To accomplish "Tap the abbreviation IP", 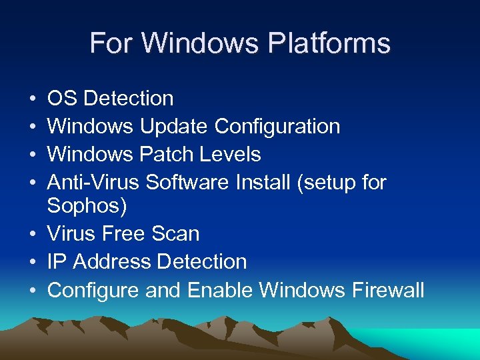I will (x=57, y=262).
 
